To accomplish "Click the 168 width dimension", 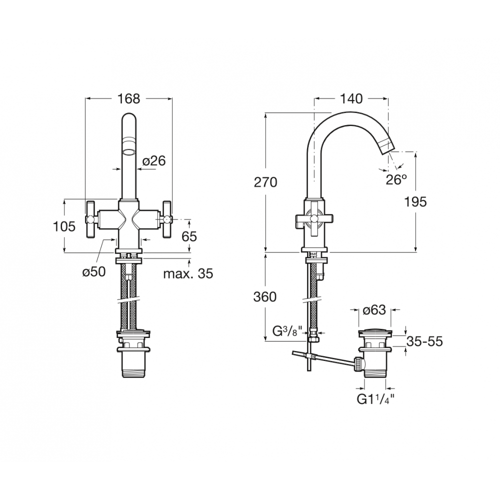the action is click(129, 99).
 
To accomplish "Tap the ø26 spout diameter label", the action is click(154, 161).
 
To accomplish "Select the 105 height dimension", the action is click(64, 226).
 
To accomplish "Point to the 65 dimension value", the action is click(189, 236).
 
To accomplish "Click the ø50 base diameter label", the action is click(94, 272).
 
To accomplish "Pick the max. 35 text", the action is click(188, 273).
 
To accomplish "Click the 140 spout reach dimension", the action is click(351, 99).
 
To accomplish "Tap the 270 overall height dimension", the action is click(265, 182).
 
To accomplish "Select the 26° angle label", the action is click(396, 180).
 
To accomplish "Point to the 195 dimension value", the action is click(415, 202).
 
